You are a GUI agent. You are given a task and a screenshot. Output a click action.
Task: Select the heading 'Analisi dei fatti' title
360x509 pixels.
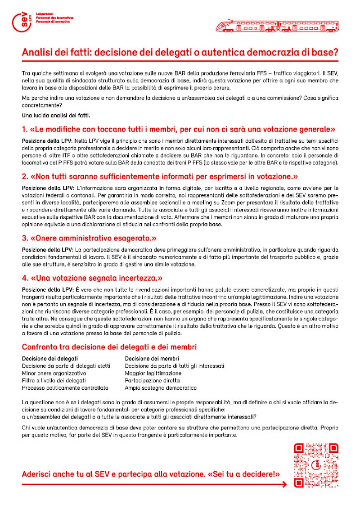[180, 52]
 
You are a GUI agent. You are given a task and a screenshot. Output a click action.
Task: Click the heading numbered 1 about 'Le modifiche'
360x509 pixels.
[179, 130]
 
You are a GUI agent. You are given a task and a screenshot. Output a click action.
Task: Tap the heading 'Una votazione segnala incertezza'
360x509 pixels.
[92, 278]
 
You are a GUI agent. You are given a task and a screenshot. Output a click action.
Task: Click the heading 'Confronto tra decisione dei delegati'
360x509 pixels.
[109, 347]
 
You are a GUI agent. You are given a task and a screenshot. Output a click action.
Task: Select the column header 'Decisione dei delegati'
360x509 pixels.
[50, 359]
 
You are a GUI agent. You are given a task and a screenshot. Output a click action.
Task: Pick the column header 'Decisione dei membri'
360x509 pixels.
[152, 359]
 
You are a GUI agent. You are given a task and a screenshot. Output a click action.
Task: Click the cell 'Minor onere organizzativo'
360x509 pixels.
[54, 373]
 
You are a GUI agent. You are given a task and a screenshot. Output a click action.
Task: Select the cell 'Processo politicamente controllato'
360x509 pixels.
[65, 387]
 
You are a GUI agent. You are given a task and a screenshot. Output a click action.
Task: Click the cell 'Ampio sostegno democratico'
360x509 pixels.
[161, 387]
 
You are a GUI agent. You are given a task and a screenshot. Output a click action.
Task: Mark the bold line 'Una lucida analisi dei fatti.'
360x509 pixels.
[56, 115]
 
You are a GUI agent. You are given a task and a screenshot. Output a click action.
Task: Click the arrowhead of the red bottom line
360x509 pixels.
[284, 484]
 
